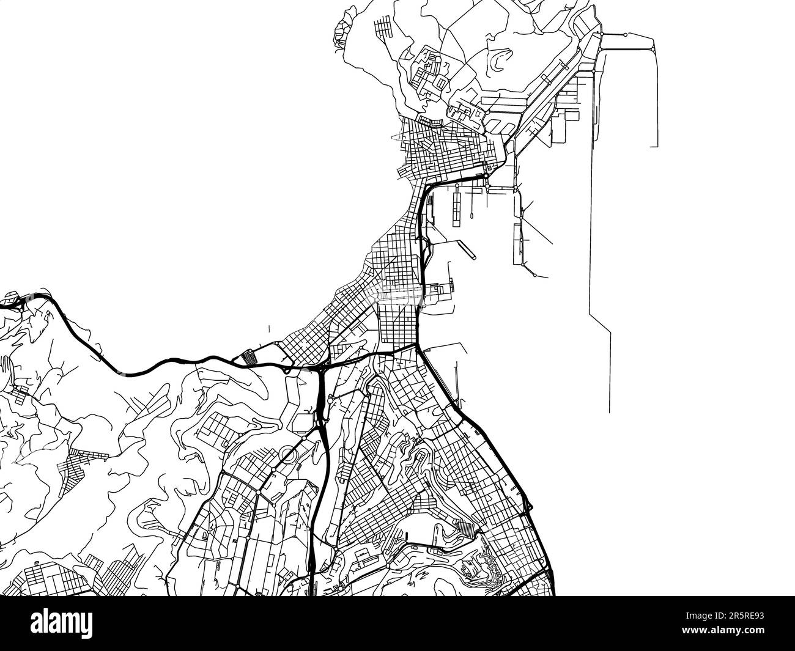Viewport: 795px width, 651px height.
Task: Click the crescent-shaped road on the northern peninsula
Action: (498, 59)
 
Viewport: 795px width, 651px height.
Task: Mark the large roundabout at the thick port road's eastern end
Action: (486, 176)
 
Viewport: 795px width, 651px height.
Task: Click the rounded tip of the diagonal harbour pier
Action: (472, 257)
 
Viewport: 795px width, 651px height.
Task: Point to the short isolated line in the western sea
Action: (268, 329)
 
